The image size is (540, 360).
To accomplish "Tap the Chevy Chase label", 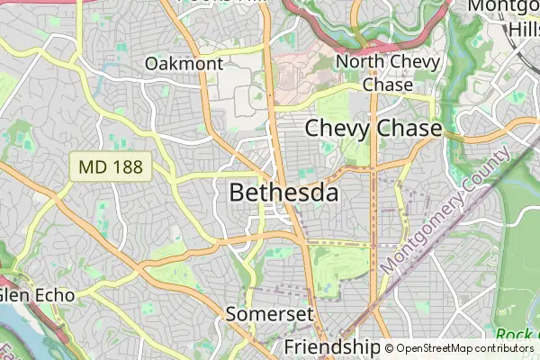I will (373, 128).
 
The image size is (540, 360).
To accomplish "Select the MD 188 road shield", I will (111, 166).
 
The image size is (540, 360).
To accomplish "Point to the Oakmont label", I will (184, 64).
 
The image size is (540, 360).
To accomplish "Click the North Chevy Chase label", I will (387, 73).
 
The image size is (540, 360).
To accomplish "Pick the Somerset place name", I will (269, 314).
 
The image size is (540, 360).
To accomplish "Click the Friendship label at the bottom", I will (332, 346).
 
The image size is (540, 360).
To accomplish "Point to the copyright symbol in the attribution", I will (389, 348).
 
